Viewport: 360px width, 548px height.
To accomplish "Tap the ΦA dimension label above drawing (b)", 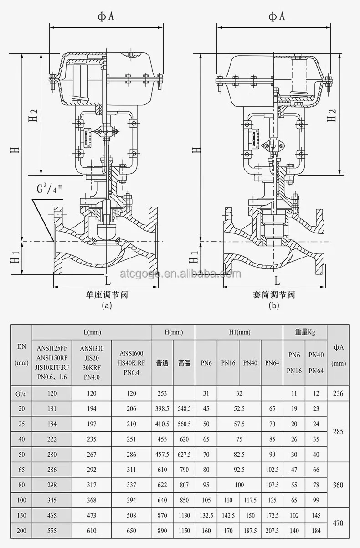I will [276, 17].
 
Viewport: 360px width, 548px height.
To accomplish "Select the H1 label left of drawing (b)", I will [194, 258].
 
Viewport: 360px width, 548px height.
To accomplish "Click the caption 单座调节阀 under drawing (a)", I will [107, 295].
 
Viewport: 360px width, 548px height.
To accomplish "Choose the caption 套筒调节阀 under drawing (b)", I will [274, 295].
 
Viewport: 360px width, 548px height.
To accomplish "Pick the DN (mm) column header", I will [21, 355].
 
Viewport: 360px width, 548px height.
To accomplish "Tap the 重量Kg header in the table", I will [305, 332].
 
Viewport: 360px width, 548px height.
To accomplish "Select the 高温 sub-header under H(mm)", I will [184, 363].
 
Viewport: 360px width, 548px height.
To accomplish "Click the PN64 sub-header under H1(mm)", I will [272, 363].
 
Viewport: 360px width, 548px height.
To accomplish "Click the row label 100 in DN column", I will [21, 500].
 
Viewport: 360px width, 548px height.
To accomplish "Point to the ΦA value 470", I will [338, 523].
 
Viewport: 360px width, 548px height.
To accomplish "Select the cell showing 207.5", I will [272, 531].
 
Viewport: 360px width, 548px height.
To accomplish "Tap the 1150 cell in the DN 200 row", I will [184, 531].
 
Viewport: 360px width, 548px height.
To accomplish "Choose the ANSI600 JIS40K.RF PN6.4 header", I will [131, 363].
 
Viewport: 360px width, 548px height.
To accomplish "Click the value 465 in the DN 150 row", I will [52, 516].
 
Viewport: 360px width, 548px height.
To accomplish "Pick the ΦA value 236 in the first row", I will [338, 393].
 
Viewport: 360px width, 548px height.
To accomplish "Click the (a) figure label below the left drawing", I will [107, 306].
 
